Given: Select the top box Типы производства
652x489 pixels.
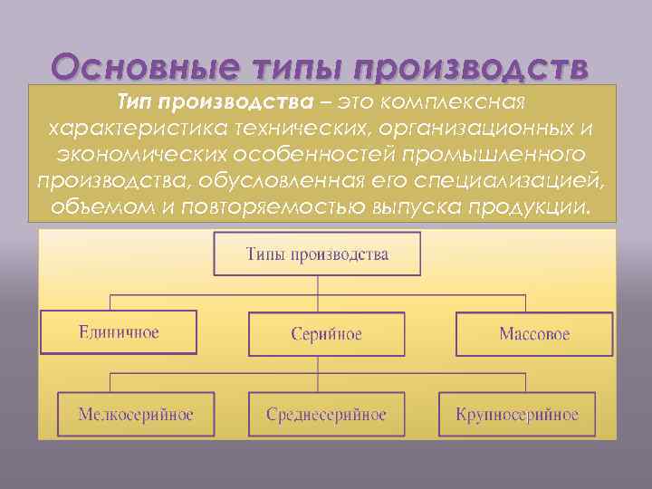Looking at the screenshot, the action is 317,254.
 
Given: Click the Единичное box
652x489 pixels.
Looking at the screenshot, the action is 118,332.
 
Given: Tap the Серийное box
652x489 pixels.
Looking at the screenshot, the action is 326,334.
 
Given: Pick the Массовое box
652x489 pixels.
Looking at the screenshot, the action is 534,334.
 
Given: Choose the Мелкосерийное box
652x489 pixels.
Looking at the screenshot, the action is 136,415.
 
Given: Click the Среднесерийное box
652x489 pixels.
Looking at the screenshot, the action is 326,415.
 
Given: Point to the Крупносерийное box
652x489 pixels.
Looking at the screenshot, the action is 517,415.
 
